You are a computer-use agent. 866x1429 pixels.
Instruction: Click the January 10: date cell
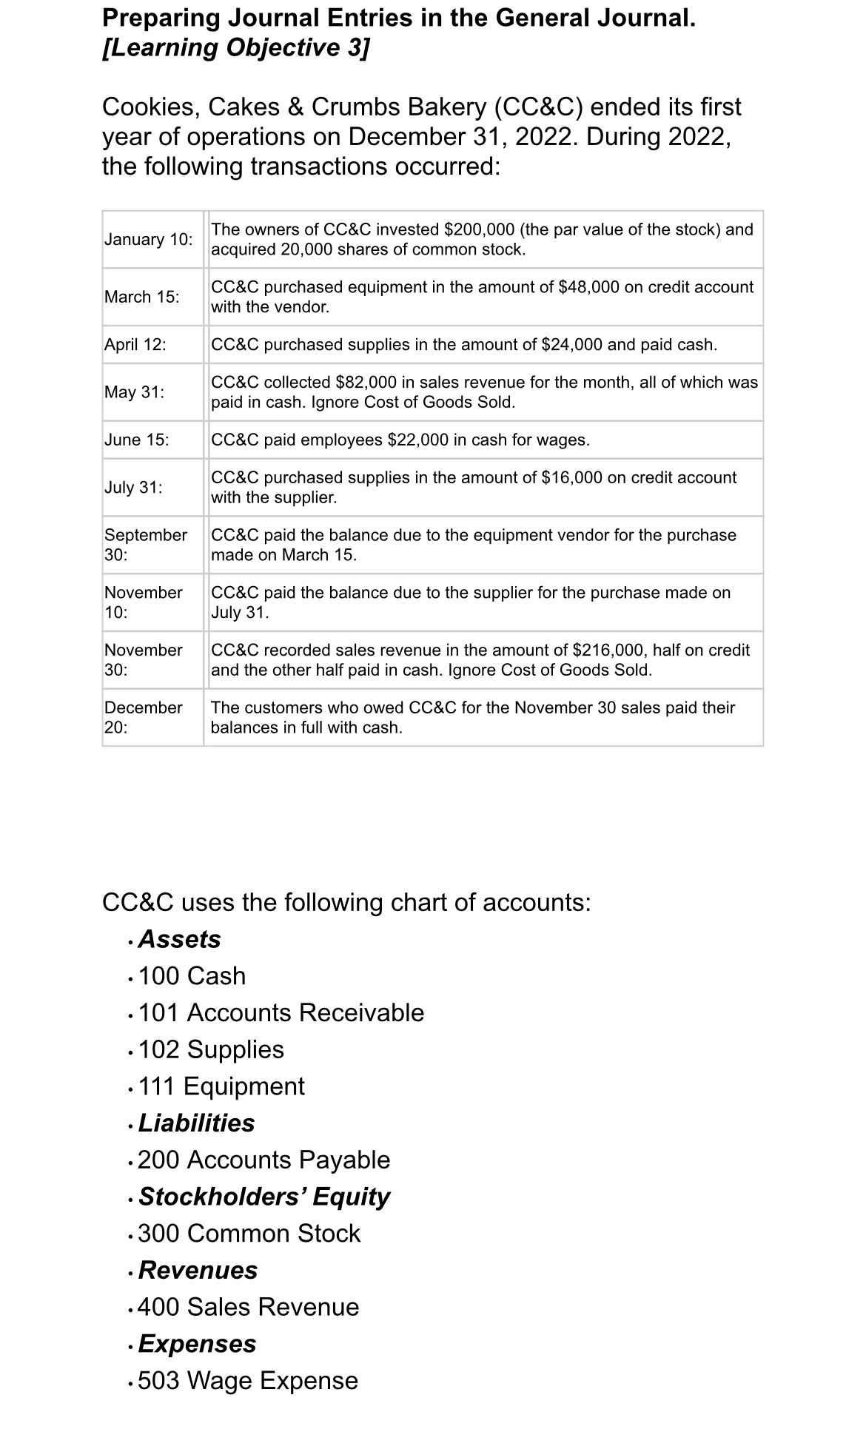pos(148,240)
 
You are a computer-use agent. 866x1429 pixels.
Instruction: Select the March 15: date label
pos(141,297)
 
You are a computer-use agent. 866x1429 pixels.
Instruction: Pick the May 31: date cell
pos(134,392)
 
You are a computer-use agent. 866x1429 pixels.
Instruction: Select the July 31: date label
pos(133,488)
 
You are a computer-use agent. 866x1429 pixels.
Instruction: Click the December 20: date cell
pos(143,717)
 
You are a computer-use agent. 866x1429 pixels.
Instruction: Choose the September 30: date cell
pos(145,545)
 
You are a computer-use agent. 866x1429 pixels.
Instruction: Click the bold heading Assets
pos(179,939)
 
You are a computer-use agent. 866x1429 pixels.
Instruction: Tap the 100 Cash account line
pos(192,976)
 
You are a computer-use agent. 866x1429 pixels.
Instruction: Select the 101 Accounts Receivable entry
pos(281,1013)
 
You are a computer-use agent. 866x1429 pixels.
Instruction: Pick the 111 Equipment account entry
pos(221,1086)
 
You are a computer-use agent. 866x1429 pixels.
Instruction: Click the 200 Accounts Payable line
pos(264,1160)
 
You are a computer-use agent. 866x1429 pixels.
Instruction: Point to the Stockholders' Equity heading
pos(264,1197)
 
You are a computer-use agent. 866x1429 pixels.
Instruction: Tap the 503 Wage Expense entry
pos(248,1381)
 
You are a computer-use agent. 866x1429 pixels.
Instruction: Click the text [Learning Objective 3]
pos(235,48)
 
